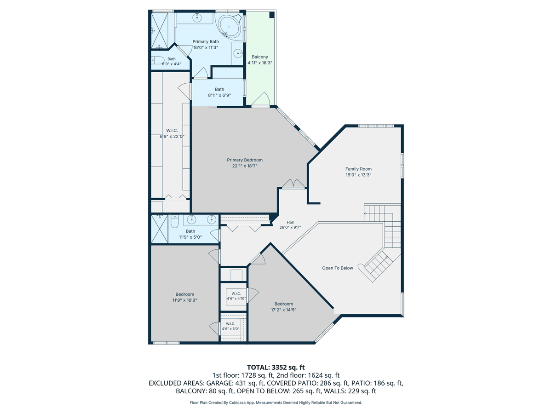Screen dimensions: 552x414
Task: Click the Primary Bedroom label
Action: pyautogui.click(x=244, y=160)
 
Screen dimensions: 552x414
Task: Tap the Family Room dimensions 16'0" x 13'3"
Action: pyautogui.click(x=358, y=175)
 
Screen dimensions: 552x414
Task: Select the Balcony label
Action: pyautogui.click(x=260, y=57)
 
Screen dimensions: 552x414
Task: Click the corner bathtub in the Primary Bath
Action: pyautogui.click(x=230, y=27)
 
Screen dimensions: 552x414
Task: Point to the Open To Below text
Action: pyautogui.click(x=338, y=268)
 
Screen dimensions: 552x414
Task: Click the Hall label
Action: pyautogui.click(x=290, y=222)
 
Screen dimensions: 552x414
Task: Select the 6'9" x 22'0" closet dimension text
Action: pyautogui.click(x=172, y=137)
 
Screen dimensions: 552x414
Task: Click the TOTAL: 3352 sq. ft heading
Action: pyautogui.click(x=276, y=367)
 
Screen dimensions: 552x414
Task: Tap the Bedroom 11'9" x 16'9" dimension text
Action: pyautogui.click(x=184, y=300)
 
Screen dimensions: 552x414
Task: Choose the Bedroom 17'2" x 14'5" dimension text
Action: pyautogui.click(x=284, y=310)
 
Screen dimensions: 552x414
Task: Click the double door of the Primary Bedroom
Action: pyautogui.click(x=293, y=184)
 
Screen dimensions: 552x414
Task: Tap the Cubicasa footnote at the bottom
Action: pyautogui.click(x=276, y=402)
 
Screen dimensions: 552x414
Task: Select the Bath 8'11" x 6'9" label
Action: pyautogui.click(x=219, y=89)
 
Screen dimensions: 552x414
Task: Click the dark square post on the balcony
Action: pyautogui.click(x=272, y=15)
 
